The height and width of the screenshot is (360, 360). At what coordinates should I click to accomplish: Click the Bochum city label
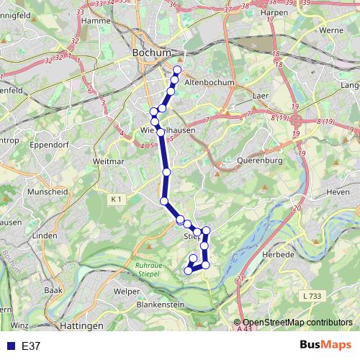pos(152,53)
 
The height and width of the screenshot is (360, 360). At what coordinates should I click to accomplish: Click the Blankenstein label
pos(161,305)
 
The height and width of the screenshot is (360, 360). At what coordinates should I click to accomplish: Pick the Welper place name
pos(126,292)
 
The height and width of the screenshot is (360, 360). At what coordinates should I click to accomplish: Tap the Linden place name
pos(45,235)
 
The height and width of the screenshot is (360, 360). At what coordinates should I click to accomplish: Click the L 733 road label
pos(313,296)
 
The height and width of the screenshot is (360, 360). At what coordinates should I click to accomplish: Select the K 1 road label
pos(117,198)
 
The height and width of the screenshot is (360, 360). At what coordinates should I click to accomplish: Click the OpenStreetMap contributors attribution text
pos(297,323)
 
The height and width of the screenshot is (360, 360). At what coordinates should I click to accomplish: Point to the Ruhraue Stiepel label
pos(149,269)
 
